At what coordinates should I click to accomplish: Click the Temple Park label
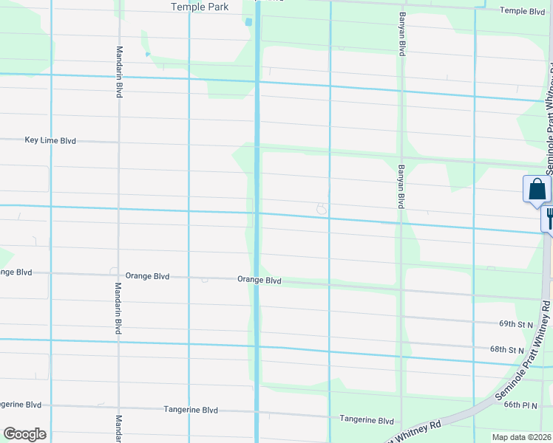199,7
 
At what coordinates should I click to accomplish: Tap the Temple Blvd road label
523,11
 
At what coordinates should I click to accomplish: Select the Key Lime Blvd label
50,140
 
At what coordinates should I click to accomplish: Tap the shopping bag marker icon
537,190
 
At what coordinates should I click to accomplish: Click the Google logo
24,434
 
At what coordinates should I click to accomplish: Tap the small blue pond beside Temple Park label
248,22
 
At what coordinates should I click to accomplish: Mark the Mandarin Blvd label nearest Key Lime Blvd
119,72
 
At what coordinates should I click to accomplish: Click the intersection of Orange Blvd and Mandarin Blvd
119,275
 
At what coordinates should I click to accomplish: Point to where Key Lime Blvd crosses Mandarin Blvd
119,142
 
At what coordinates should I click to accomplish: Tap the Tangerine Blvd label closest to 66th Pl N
367,419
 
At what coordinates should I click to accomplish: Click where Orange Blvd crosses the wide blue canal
257,281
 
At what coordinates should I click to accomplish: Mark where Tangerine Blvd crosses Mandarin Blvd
119,409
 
